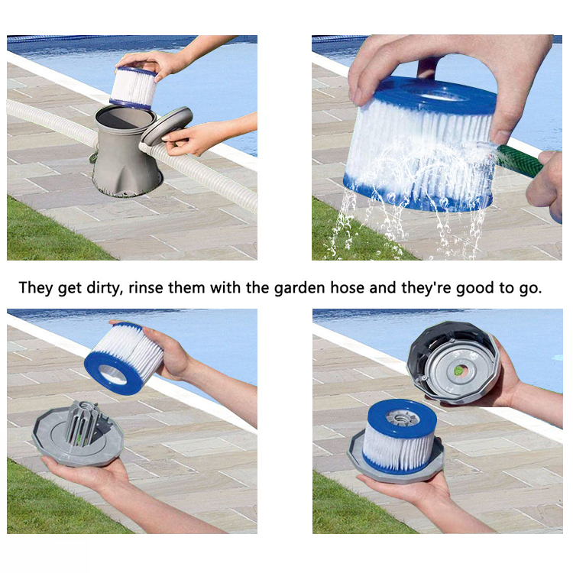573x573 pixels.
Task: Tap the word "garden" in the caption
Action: (299, 288)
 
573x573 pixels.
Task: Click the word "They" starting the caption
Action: (36, 288)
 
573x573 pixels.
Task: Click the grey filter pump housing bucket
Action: (126, 150)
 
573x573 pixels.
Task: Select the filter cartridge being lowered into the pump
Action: (134, 88)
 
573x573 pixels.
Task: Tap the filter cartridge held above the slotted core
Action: (124, 358)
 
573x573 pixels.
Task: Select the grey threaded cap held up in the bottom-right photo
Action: (453, 362)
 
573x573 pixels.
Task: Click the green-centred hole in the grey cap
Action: (458, 371)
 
